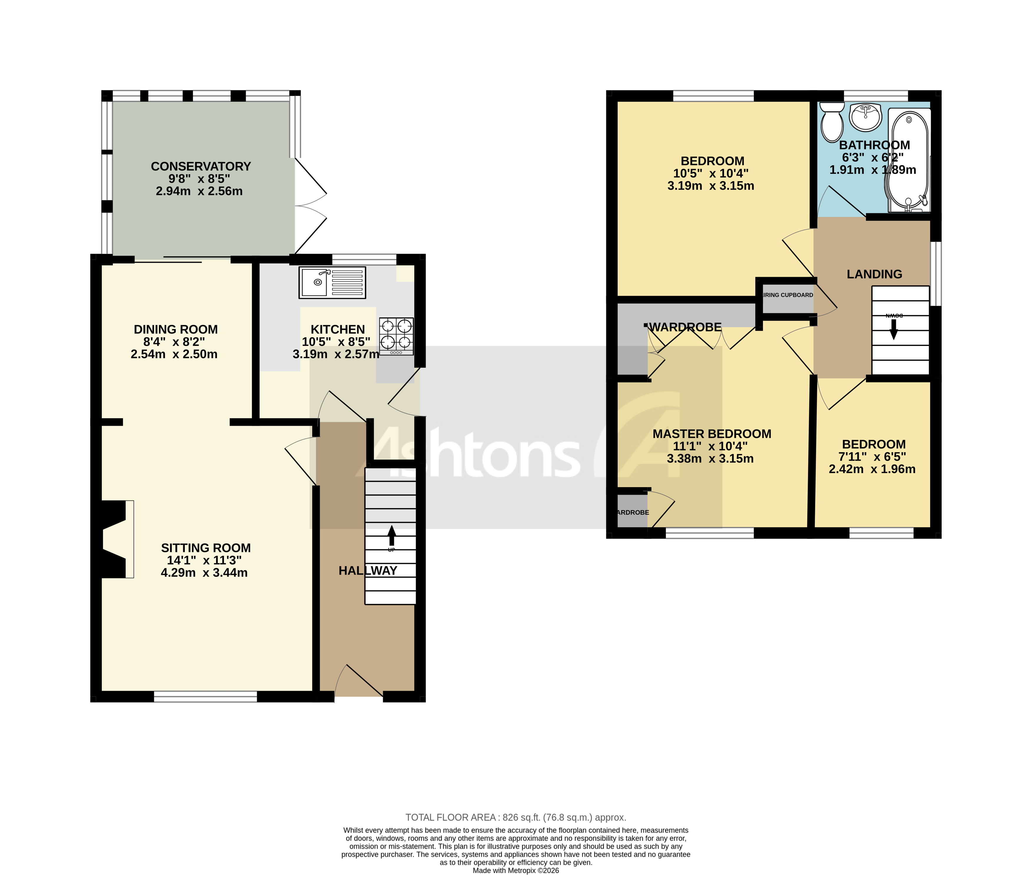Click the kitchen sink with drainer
click(x=332, y=282)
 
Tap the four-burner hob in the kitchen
click(x=396, y=336)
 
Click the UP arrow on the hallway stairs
click(x=391, y=536)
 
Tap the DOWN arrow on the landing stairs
click(x=894, y=328)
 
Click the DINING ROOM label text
click(x=176, y=329)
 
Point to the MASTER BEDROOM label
click(x=712, y=434)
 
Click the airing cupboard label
click(x=787, y=295)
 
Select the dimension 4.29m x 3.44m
click(x=204, y=573)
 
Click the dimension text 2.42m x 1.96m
click(x=872, y=469)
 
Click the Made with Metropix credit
click(x=516, y=870)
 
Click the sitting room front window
click(x=205, y=696)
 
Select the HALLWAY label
click(x=368, y=570)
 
